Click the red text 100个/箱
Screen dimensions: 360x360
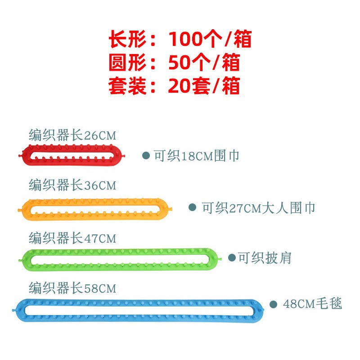click(x=210, y=40)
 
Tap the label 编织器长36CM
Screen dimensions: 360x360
click(x=72, y=185)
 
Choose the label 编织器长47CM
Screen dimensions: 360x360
click(x=72, y=237)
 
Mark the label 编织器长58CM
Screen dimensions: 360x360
click(x=72, y=288)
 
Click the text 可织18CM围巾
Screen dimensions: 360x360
click(x=196, y=156)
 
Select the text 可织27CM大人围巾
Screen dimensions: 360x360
click(x=258, y=208)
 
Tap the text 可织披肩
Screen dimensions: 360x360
click(x=265, y=258)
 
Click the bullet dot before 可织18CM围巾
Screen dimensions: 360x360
click(x=146, y=156)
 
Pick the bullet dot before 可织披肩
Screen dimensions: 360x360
click(x=232, y=257)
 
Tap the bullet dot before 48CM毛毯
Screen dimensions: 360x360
click(x=273, y=304)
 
